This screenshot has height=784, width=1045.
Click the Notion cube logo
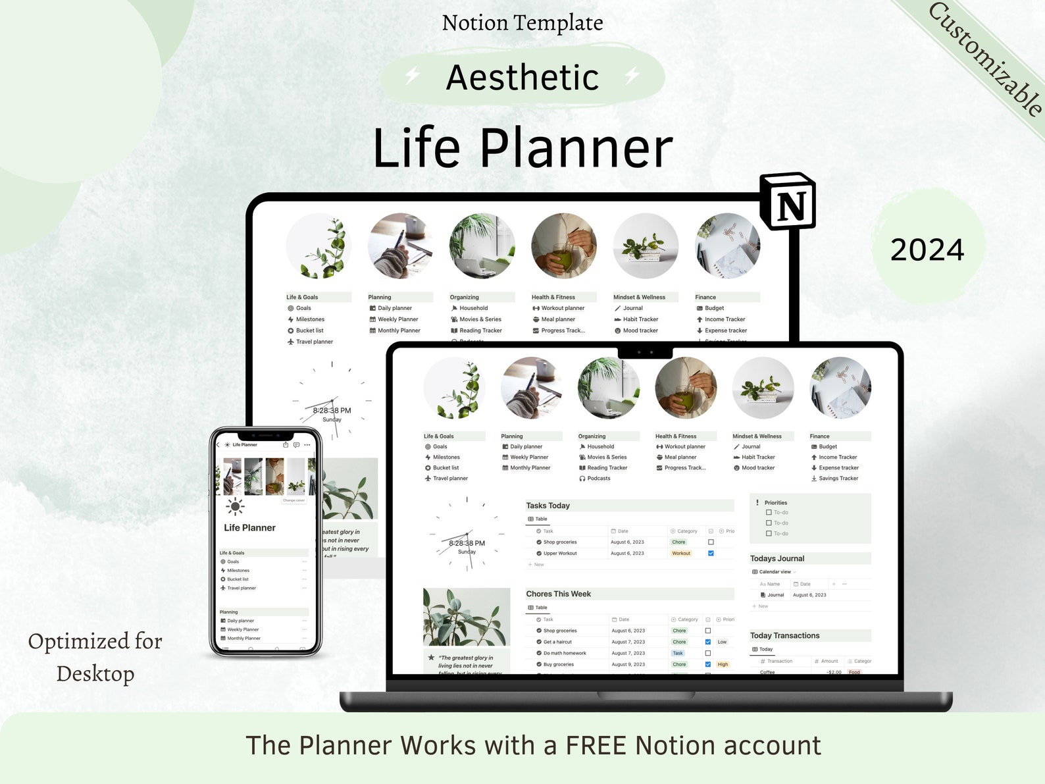[788, 201]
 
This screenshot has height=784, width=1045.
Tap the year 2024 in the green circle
[927, 250]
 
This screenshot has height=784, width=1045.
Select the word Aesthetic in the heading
[522, 78]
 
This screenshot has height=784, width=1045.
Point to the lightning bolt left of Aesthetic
[413, 76]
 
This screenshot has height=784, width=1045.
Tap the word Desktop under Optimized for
[95, 673]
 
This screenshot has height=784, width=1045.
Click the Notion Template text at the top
[522, 23]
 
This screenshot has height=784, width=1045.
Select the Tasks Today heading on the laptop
[548, 506]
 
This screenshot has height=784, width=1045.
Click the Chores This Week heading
[558, 594]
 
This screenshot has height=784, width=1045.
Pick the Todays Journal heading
[777, 558]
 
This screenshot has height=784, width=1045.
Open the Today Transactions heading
[784, 635]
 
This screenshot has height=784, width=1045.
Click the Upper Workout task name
[560, 554]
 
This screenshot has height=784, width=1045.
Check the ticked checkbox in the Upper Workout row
[711, 554]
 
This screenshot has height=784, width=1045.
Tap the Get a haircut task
[557, 642]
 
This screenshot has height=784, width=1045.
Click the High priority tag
[723, 664]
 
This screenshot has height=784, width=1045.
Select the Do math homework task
[565, 653]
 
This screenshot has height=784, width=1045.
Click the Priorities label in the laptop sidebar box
[775, 502]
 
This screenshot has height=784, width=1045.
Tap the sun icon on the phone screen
[235, 506]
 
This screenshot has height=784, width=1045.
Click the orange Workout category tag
[681, 554]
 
